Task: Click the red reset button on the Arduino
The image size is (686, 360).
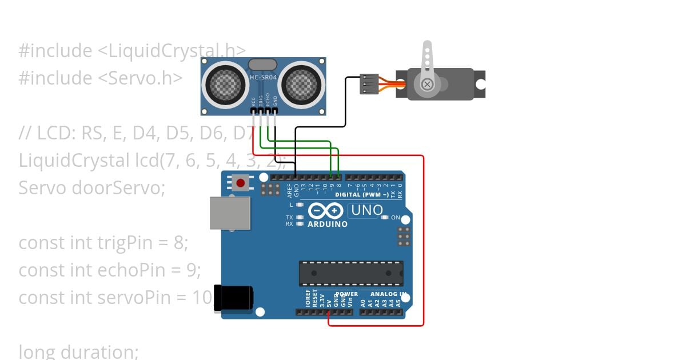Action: click(x=241, y=183)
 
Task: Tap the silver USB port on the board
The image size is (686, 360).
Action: click(x=230, y=213)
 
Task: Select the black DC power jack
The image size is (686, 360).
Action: click(x=233, y=298)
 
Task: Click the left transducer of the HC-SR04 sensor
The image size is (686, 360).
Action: click(x=225, y=83)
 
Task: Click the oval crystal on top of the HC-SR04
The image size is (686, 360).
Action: click(x=263, y=64)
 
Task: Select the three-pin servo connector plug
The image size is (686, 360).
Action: click(x=369, y=83)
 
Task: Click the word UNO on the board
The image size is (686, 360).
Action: click(x=366, y=210)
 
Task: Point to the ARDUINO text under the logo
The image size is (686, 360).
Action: click(x=327, y=224)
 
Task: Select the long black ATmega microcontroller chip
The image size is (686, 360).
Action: click(x=351, y=273)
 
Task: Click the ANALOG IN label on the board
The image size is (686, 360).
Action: click(x=387, y=294)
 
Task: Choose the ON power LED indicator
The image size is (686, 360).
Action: click(x=385, y=218)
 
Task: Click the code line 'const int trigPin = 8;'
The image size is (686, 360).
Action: click(x=103, y=243)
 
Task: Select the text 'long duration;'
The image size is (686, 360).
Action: click(x=78, y=351)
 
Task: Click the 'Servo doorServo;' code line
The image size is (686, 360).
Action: click(x=91, y=187)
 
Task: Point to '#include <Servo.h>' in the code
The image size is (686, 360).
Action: click(x=100, y=78)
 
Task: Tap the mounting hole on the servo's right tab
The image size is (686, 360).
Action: click(x=480, y=85)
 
